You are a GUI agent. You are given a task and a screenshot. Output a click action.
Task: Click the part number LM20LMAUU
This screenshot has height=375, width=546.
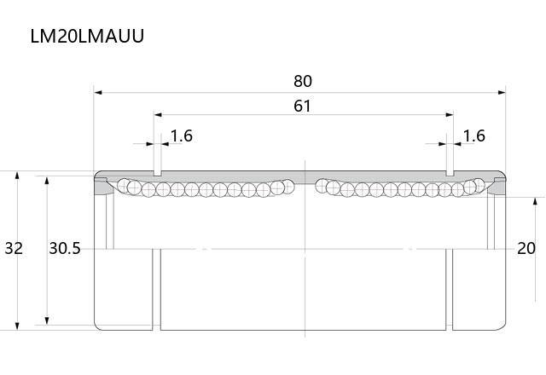point(87,36)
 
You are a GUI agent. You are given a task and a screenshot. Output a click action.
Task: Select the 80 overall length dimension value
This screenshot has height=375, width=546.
point(303,81)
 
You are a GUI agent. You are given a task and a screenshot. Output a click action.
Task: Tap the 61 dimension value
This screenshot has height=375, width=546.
point(302,106)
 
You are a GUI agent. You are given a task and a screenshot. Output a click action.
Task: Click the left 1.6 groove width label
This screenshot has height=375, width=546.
point(182,136)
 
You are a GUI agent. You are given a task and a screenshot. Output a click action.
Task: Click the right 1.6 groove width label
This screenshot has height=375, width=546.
point(474,136)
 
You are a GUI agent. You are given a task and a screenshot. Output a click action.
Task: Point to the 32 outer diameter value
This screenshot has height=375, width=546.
point(14,248)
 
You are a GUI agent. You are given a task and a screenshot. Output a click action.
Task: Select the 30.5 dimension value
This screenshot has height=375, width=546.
point(65,248)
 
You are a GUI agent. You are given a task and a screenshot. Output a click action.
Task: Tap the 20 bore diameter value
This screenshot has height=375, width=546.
point(526,248)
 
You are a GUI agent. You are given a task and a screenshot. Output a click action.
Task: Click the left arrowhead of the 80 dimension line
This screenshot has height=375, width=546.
point(98,93)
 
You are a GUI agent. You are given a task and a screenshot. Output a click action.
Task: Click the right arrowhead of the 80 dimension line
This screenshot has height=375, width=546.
point(502,93)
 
